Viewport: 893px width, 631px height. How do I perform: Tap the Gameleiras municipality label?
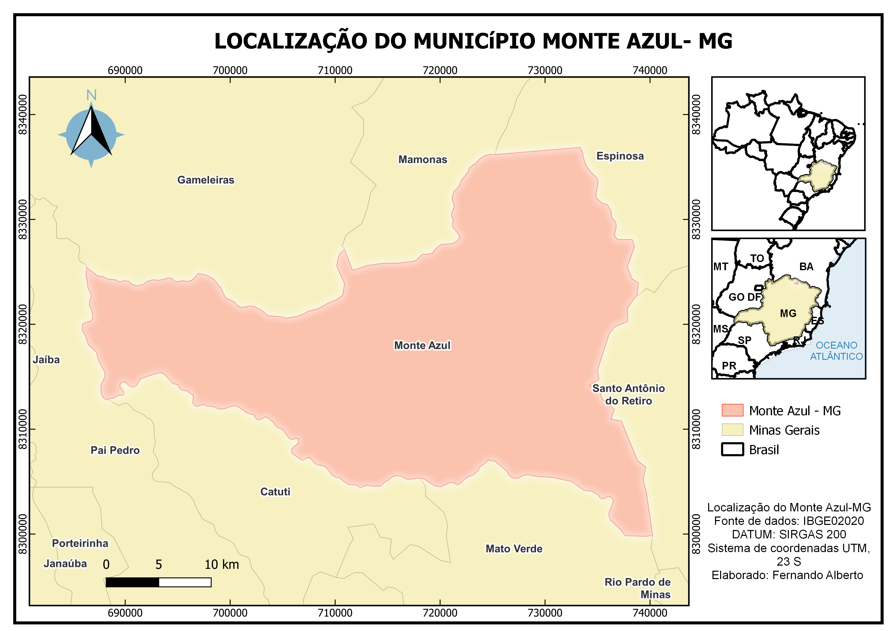[x=206, y=180]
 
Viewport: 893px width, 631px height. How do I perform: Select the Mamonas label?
[x=422, y=160]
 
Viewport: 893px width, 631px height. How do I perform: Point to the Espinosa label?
[x=620, y=156]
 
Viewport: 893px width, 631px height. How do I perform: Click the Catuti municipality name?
[x=275, y=492]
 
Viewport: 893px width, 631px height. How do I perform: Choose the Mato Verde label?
[x=514, y=549]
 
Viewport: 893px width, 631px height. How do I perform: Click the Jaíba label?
[x=46, y=360]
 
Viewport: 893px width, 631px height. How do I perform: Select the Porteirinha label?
[x=80, y=543]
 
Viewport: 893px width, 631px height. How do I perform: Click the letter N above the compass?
[x=91, y=95]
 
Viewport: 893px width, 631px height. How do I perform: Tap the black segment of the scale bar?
[x=132, y=582]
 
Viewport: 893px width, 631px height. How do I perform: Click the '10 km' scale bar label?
[x=222, y=565]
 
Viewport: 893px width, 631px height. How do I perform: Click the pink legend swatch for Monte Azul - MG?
[x=732, y=410]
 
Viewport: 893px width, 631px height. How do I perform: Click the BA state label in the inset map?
[x=806, y=267]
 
